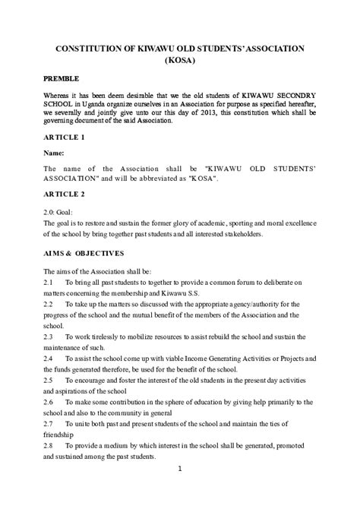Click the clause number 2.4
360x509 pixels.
point(49,357)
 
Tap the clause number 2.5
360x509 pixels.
point(49,378)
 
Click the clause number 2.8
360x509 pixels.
point(49,444)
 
